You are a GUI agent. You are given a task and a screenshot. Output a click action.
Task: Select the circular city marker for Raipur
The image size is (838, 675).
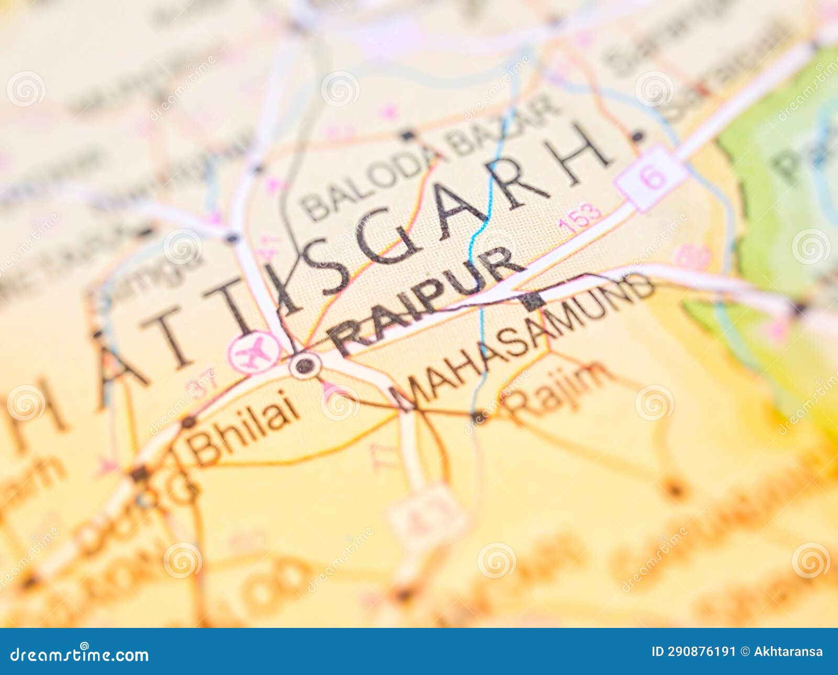[x=305, y=365]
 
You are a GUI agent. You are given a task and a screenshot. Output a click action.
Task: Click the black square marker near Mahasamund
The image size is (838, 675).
[x=532, y=302]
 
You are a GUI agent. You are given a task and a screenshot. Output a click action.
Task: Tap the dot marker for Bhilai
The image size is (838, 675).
[x=189, y=421]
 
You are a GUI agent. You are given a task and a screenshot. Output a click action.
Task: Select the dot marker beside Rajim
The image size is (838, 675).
[x=478, y=417]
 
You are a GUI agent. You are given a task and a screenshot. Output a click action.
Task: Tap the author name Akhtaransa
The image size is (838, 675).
[x=788, y=652]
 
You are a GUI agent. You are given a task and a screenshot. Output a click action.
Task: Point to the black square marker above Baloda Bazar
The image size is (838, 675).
[x=407, y=135]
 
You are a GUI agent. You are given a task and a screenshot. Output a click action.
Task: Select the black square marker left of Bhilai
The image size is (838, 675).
[x=139, y=474]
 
